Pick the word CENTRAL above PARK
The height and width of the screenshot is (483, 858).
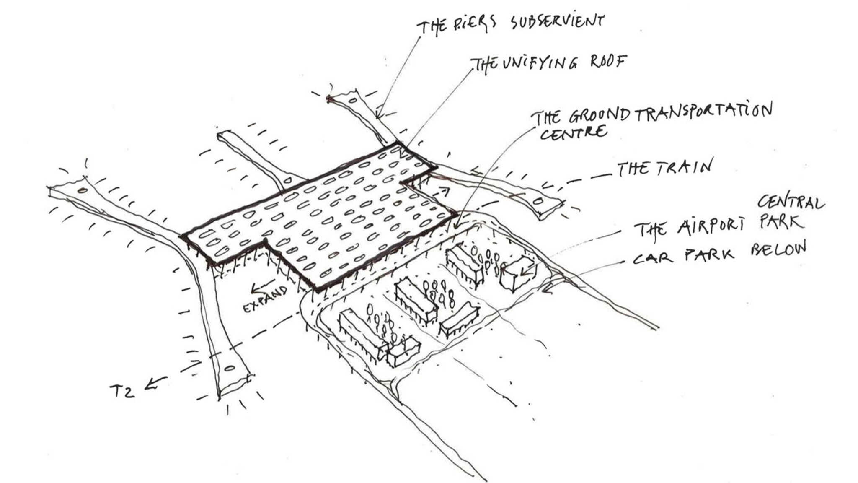coord(790,203)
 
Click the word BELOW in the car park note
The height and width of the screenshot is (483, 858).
coord(778,249)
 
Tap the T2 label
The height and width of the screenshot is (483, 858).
coord(122,391)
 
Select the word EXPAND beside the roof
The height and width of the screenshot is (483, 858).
coord(265,299)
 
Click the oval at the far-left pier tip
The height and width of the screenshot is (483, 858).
coord(83,191)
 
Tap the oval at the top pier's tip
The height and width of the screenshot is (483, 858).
coord(352,100)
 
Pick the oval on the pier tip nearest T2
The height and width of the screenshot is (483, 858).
coord(230,369)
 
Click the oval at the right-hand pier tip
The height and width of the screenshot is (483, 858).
coord(538,202)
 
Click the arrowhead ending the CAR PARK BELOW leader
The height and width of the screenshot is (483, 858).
coord(544,289)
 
